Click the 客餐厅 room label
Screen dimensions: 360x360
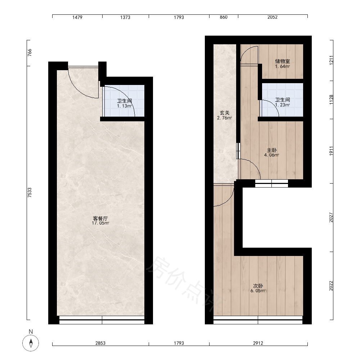(100, 218)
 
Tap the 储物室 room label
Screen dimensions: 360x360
(282, 61)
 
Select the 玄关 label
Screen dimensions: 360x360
(225, 113)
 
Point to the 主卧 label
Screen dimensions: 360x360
(271, 150)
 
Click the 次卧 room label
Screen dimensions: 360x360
(258, 286)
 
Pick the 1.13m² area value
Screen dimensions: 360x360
(125, 106)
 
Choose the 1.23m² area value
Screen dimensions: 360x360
(282, 105)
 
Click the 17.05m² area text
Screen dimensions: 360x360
(100, 223)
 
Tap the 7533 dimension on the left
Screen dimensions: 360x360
(30, 193)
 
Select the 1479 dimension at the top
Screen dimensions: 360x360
(77, 17)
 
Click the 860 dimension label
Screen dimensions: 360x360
(224, 17)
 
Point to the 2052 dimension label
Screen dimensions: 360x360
(273, 17)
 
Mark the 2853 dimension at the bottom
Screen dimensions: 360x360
(100, 343)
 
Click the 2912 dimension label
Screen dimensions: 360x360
(258, 343)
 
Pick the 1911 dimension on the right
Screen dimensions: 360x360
(331, 151)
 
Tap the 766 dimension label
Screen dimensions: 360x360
(30, 53)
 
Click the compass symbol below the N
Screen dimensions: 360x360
(31, 343)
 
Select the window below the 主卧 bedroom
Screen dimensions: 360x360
(271, 184)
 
